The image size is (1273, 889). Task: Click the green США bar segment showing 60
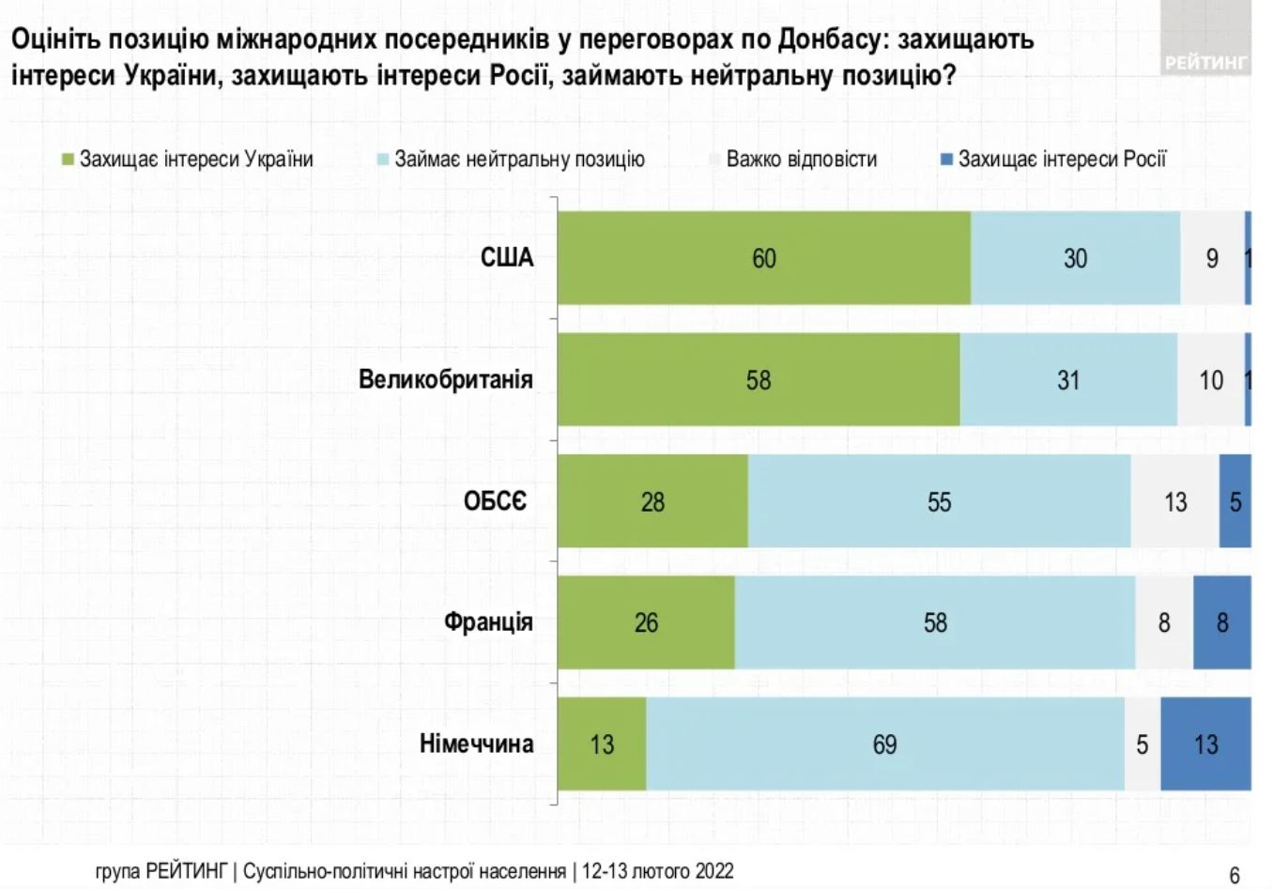click(x=764, y=258)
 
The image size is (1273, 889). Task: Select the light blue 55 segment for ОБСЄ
click(x=939, y=501)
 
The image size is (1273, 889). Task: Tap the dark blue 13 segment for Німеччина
click(x=1205, y=744)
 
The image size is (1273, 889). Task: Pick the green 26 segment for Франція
click(x=646, y=622)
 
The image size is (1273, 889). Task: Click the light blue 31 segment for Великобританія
click(x=1068, y=380)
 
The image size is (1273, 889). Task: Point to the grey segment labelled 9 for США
click(x=1211, y=258)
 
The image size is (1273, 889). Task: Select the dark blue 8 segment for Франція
click(x=1222, y=622)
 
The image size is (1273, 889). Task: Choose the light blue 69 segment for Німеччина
click(x=884, y=744)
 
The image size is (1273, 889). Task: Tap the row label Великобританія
click(x=446, y=380)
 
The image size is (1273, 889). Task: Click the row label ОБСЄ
click(x=495, y=501)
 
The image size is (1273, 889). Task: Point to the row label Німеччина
click(x=476, y=744)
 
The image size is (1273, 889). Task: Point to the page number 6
click(x=1235, y=875)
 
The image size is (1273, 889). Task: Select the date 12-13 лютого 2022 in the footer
click(x=657, y=871)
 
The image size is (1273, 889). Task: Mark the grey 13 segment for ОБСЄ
click(x=1175, y=501)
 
